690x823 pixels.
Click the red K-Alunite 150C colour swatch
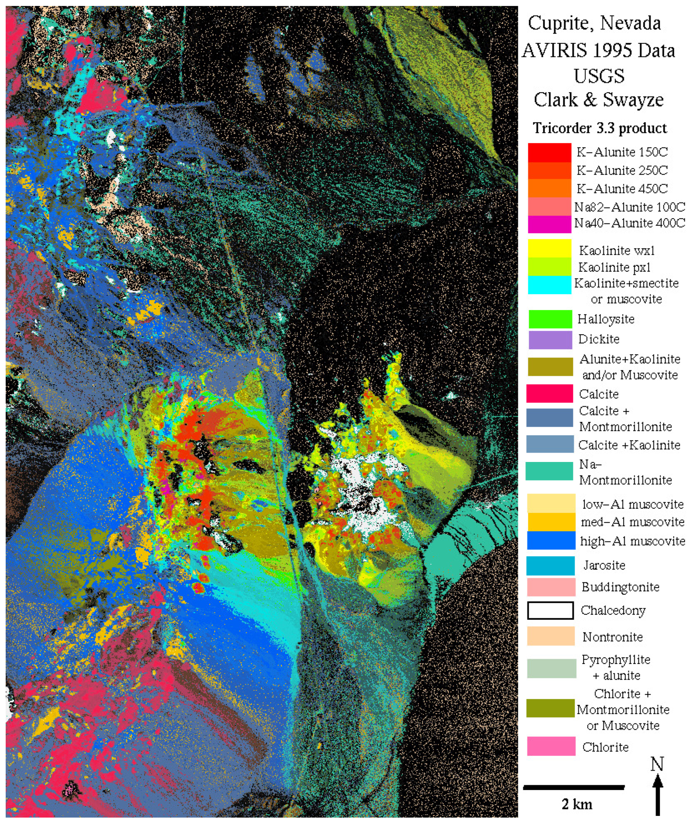(549, 152)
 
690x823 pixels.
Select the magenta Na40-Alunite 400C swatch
(549, 224)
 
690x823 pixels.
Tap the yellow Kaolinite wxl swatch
(549, 249)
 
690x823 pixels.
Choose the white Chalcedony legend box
(550, 610)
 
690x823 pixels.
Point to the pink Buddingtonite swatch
(551, 587)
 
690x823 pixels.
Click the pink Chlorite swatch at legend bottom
(551, 746)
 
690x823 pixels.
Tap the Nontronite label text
(613, 637)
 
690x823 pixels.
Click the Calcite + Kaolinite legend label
(629, 445)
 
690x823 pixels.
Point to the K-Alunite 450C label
(622, 189)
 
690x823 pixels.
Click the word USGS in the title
(599, 76)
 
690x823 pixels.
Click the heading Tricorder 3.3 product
(599, 128)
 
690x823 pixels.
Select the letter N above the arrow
(657, 765)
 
